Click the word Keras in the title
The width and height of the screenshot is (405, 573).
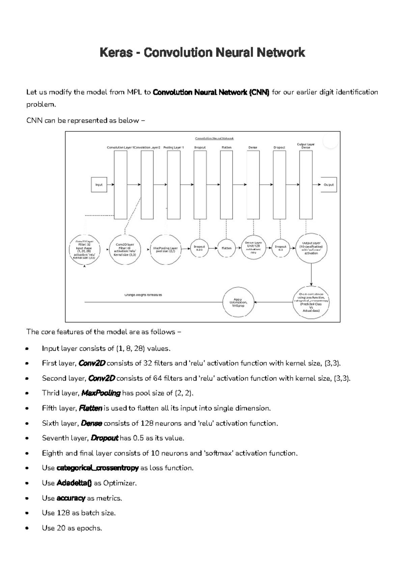tap(116, 53)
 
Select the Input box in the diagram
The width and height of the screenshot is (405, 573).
tap(99, 185)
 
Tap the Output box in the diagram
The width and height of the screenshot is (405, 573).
tap(328, 185)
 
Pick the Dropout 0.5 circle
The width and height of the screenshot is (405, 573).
tap(280, 248)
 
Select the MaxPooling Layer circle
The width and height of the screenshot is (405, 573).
tap(166, 249)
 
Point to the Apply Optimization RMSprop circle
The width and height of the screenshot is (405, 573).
tap(238, 302)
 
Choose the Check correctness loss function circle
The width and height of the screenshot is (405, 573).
tap(311, 302)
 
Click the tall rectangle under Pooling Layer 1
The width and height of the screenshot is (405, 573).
tap(174, 185)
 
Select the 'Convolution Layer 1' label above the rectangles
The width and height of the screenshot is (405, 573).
tap(120, 148)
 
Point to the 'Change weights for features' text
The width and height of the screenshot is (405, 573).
tap(143, 295)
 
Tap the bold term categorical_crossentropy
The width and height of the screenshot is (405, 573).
tap(98, 468)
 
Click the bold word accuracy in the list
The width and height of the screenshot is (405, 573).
tap(71, 498)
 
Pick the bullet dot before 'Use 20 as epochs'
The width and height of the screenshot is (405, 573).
tap(27, 528)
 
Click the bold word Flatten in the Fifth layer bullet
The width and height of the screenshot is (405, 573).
tap(90, 408)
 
